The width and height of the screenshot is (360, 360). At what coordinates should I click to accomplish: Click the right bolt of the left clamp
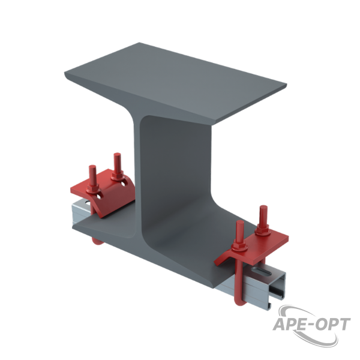(x=118, y=163)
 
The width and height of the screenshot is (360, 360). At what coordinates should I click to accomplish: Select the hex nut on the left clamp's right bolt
(x=118, y=176)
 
